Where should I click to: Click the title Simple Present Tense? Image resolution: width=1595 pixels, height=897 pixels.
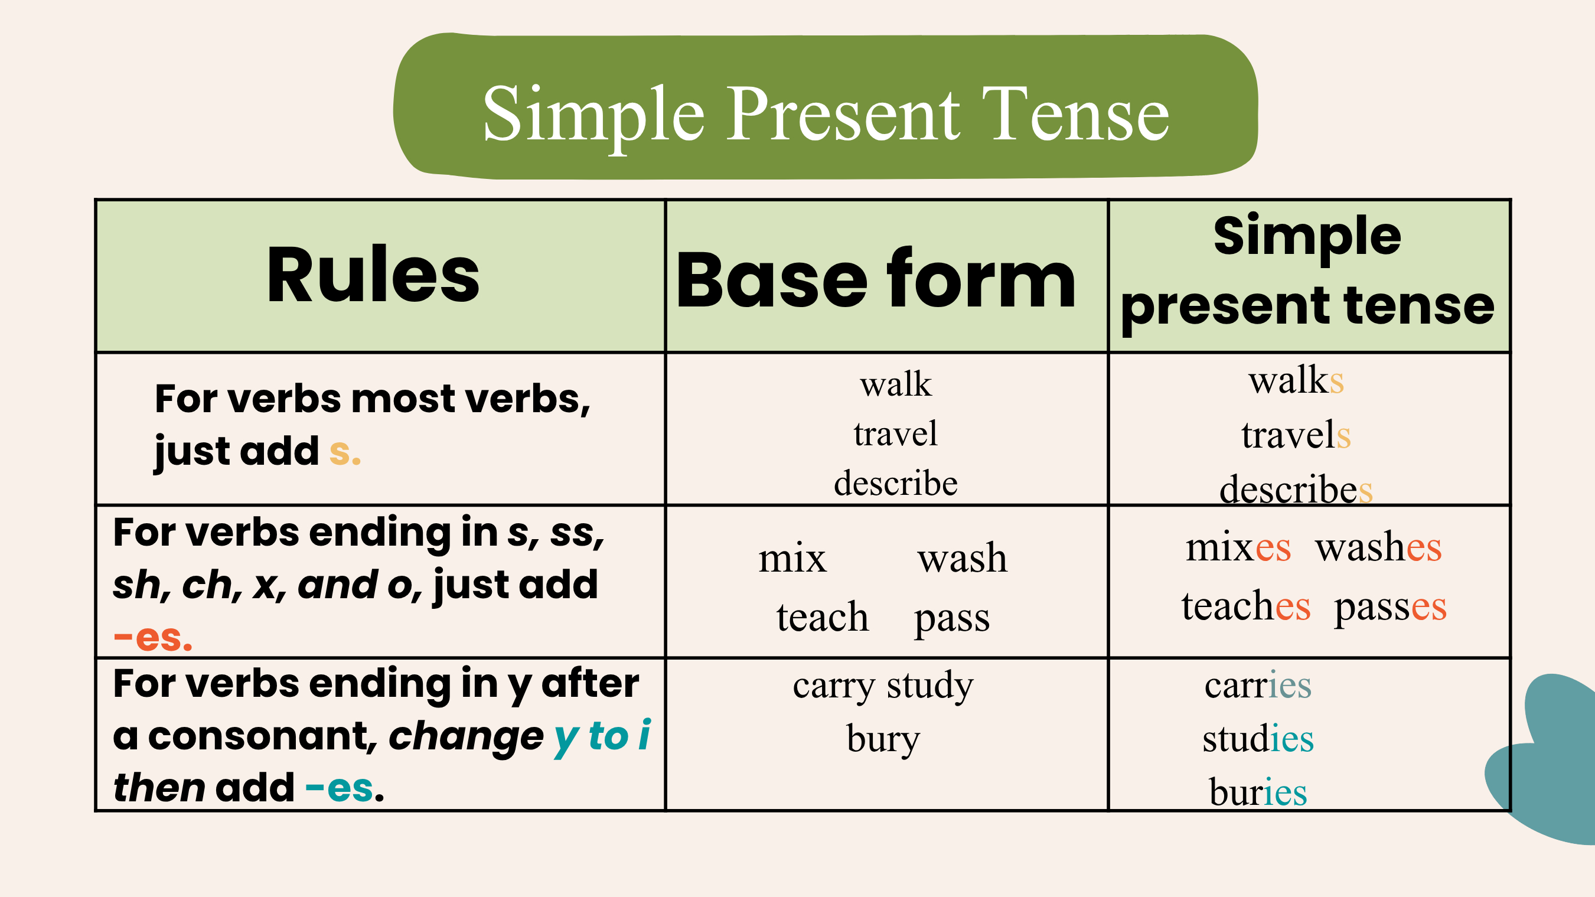point(826,115)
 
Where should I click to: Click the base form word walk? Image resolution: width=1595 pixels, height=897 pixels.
point(895,384)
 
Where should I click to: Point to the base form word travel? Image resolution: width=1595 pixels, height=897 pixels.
point(895,433)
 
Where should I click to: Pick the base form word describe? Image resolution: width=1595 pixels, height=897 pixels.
point(895,483)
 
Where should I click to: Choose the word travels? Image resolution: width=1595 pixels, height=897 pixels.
point(1296,435)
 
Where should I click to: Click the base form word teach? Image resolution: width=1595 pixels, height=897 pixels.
point(823,617)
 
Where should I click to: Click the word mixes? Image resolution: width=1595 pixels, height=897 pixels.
point(1238,547)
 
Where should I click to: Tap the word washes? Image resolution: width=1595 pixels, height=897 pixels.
point(1379,547)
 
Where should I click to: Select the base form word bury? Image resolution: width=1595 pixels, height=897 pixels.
point(883,739)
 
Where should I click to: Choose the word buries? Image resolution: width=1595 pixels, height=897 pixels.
point(1258,791)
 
